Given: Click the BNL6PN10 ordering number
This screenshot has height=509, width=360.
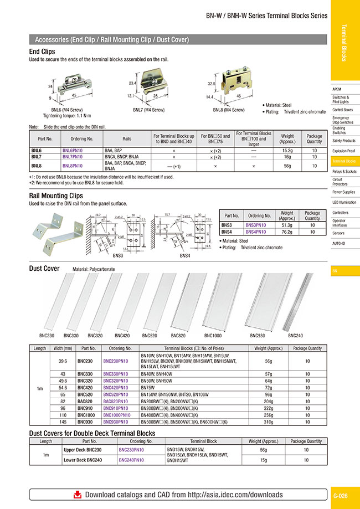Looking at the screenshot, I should coord(72,150).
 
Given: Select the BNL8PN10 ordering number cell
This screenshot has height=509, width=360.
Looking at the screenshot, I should coord(72,165).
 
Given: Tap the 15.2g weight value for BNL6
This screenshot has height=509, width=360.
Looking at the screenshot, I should coord(287,150).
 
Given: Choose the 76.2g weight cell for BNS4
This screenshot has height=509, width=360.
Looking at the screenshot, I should coord(287,232).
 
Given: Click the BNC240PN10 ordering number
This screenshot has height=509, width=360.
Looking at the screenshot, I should coord(131,459).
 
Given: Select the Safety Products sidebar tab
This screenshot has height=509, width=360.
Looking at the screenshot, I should coord(344,141).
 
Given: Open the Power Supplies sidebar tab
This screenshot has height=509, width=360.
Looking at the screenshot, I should coord(344,192).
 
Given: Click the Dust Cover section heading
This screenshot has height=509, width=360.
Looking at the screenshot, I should coord(44,269).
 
